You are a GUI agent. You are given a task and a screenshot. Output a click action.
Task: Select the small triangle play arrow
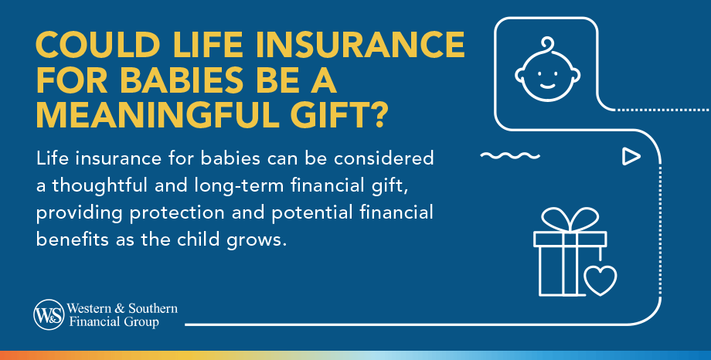coord(631,157)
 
